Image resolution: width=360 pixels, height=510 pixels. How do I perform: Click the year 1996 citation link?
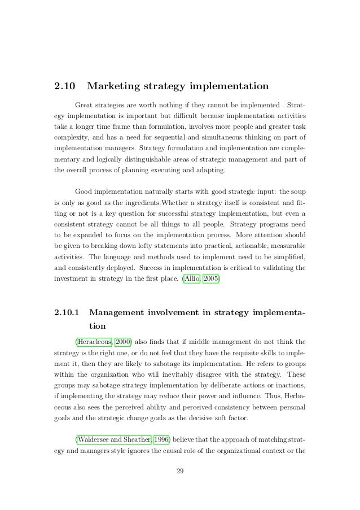click(x=163, y=439)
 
